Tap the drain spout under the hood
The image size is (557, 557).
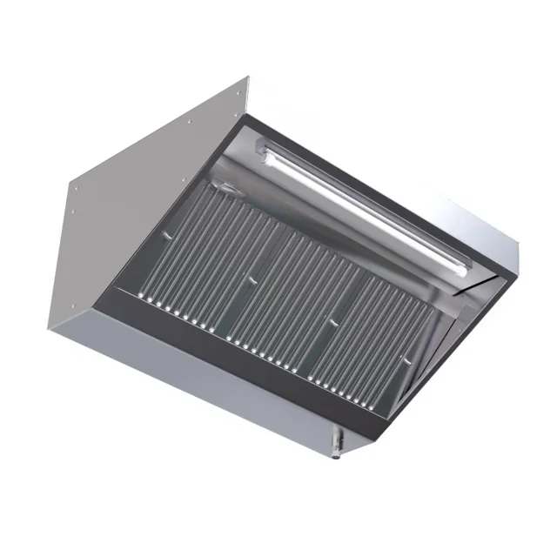pyautogui.click(x=337, y=446)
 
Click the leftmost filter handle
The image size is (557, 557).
pyautogui.click(x=225, y=186)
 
